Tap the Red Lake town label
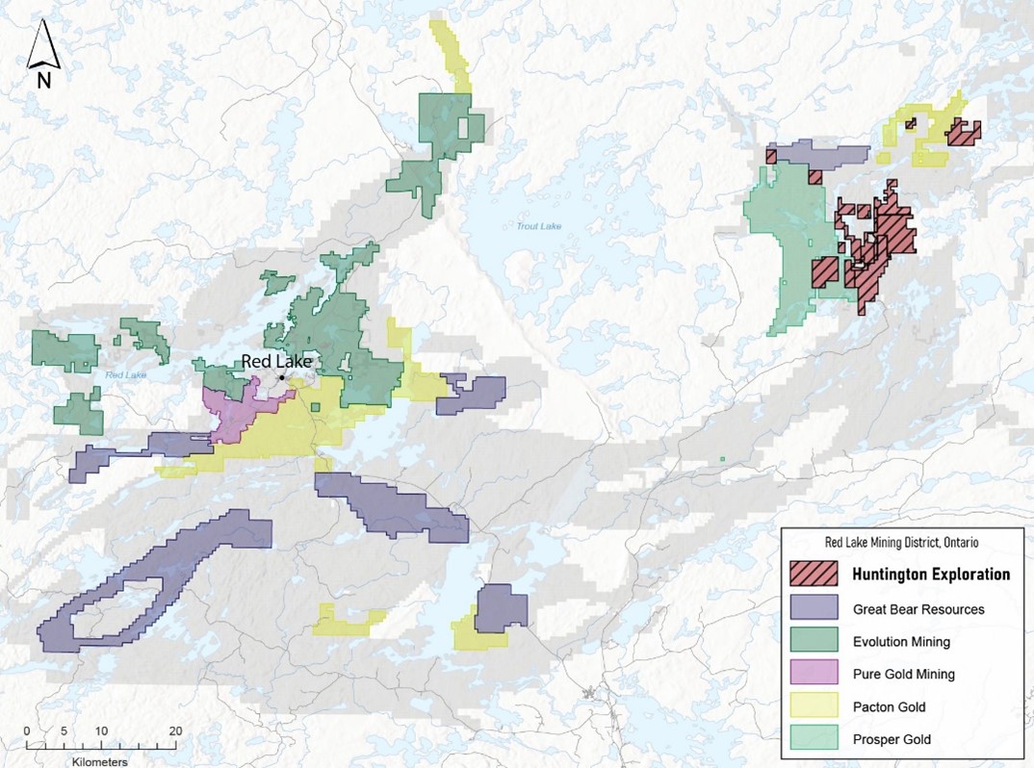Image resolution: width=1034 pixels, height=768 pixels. tap(276, 361)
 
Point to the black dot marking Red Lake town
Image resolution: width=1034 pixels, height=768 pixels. tap(282, 377)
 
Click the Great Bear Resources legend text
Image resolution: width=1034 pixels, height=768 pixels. tap(918, 608)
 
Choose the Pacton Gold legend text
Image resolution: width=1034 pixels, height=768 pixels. tap(889, 706)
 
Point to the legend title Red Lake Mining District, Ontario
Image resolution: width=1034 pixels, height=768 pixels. tap(895, 543)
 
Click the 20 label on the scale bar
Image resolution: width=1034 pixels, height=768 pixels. tap(175, 731)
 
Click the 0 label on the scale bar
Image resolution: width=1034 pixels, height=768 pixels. tap(27, 731)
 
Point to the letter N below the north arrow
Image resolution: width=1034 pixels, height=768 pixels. tap(43, 81)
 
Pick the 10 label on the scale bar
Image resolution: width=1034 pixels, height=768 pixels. tap(100, 731)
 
